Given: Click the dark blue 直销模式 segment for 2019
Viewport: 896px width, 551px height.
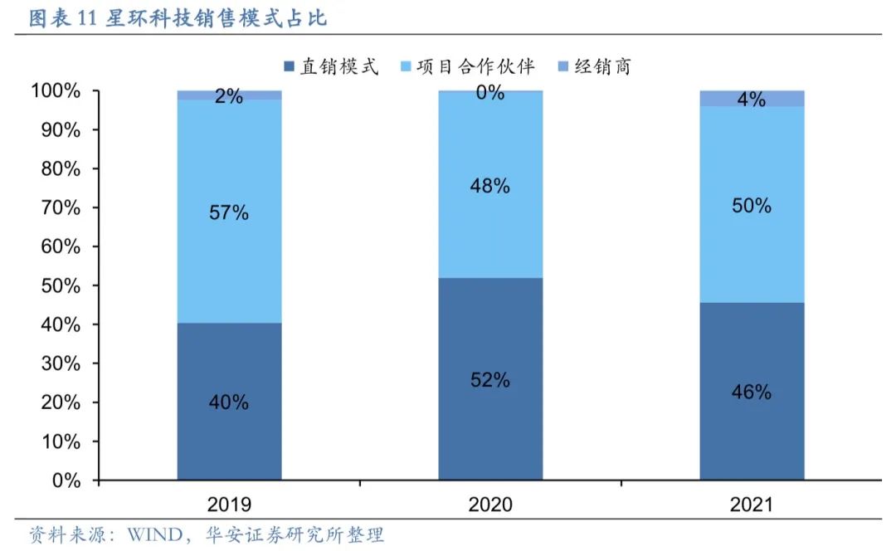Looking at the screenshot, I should click(229, 365).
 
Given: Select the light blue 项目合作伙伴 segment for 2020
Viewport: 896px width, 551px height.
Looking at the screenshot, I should click(490, 232).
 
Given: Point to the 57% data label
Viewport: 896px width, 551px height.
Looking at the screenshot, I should click(229, 212).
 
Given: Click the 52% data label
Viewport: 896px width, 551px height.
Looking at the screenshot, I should click(490, 380).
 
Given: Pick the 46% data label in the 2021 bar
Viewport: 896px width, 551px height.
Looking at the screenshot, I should click(752, 392).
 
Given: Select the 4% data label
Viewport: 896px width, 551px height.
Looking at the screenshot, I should click(752, 100).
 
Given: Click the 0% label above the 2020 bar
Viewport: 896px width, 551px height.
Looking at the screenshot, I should click(490, 93).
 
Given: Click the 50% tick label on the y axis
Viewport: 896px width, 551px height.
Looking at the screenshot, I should click(61, 285).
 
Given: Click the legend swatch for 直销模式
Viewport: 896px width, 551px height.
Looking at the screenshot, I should click(289, 66).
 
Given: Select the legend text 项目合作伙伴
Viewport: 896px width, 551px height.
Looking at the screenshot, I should click(475, 66).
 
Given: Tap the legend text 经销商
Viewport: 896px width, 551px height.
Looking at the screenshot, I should click(603, 66).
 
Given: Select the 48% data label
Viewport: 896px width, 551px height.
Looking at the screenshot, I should click(490, 186).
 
